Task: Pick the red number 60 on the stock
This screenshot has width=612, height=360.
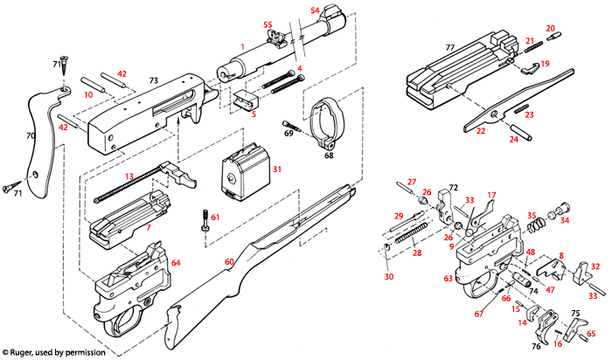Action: click(231, 261)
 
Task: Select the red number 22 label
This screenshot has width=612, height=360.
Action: click(480, 131)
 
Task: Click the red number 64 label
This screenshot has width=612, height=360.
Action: click(175, 262)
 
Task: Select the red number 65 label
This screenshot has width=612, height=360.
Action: click(591, 333)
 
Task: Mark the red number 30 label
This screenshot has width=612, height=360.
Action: click(388, 276)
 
